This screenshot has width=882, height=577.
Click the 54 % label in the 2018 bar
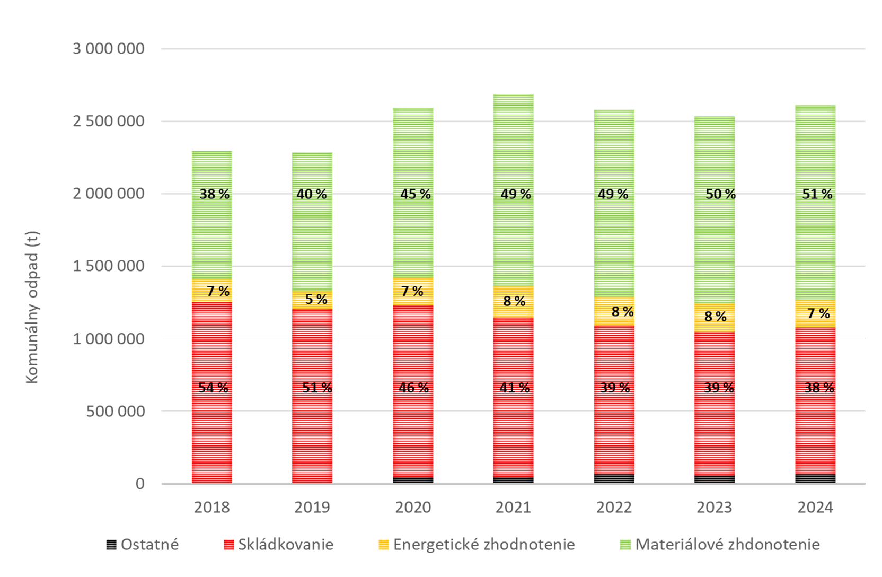213,388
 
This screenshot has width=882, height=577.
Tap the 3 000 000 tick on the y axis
108,49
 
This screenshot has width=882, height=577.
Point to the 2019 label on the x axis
312,508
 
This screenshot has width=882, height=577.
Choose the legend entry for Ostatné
143,545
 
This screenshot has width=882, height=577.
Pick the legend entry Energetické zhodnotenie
477,545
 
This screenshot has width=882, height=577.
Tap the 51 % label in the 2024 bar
817,194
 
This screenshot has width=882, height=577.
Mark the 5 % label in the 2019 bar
316,299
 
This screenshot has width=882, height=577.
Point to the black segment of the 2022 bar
614,478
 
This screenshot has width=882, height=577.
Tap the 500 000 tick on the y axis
116,411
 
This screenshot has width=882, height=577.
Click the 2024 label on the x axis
815,508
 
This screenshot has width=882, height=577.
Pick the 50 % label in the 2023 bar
720,194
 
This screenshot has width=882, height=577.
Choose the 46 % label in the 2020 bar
413,388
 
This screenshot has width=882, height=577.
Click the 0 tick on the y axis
140,484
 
